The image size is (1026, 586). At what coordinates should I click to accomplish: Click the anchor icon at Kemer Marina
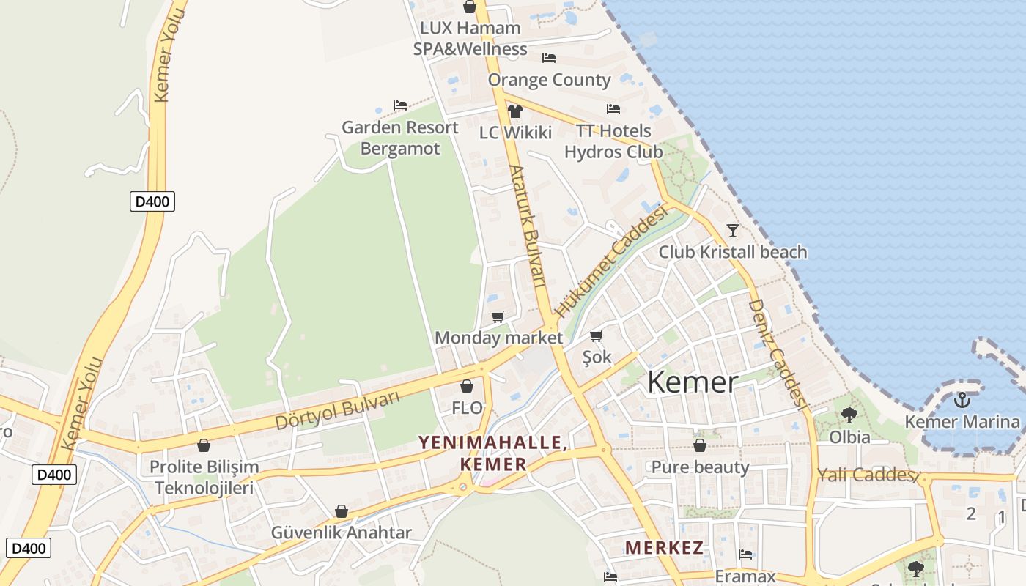pos(962,400)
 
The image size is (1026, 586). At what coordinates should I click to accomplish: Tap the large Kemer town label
pos(692,382)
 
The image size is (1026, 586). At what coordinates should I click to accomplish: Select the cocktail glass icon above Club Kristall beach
pos(732,231)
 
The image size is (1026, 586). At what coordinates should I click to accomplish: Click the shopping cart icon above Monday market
pos(498,316)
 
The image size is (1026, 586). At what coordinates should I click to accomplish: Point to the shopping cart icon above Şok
pos(597,336)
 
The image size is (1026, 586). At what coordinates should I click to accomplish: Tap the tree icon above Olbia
pos(849,415)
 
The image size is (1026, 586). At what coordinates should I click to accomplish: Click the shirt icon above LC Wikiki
pos(515,111)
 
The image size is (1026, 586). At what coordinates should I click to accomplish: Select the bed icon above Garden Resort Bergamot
pos(400,105)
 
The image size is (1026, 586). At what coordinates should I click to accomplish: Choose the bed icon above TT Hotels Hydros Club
pos(613,109)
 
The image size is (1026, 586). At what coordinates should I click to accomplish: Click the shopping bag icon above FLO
pos(467,386)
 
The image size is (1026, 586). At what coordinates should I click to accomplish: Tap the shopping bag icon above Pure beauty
pos(700,445)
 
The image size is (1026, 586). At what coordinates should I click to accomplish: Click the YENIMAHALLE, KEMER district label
pos(492,453)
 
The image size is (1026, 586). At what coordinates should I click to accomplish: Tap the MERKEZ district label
pos(664,547)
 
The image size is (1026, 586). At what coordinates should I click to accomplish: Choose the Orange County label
pos(549,80)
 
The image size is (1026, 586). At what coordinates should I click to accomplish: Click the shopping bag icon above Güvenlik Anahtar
pos(342,511)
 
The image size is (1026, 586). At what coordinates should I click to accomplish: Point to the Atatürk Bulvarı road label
pos(528,225)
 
